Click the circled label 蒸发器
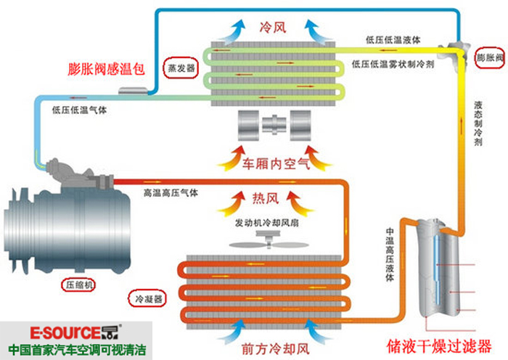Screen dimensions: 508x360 tap(181, 68)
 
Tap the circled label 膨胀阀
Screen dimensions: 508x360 tap(490, 58)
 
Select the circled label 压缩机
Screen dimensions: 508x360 tap(78, 285)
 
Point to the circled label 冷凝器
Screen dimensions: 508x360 tap(148, 299)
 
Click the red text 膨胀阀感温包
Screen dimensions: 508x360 tap(106, 69)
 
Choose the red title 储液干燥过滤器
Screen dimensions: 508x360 tap(439, 346)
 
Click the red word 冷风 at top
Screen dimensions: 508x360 tap(273, 28)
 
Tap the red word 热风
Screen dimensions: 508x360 tap(266, 198)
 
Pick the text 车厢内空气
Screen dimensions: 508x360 tap(276, 164)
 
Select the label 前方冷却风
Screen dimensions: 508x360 tap(275, 349)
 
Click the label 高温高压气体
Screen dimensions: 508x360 tap(171, 193)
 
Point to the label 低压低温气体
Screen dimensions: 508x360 tap(79, 110)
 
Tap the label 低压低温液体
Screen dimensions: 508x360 tap(393, 40)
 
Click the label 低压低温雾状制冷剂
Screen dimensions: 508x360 tap(393, 64)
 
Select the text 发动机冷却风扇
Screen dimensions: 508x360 tap(266, 223)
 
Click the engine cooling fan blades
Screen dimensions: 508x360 tap(269, 245)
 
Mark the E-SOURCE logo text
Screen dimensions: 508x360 tap(75, 332)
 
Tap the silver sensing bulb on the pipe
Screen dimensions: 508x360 tap(133, 91)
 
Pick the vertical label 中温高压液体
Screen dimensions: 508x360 tap(390, 254)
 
